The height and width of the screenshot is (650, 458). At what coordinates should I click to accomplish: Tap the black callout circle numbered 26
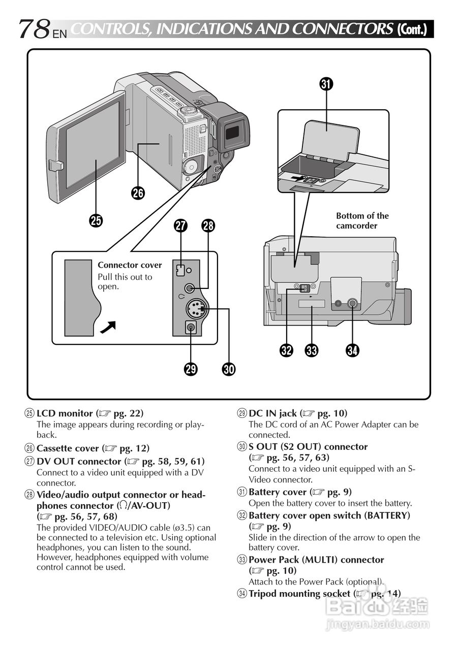pos(138,192)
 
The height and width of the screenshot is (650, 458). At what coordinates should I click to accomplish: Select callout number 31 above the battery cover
pos(326,84)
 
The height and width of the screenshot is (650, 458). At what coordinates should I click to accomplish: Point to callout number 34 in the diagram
pos(352,350)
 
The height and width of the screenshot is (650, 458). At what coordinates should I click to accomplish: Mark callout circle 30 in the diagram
pos(229,369)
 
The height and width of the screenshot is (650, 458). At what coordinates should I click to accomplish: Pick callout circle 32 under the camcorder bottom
pos(287,350)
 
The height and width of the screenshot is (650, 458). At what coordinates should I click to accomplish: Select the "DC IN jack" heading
pos(272,413)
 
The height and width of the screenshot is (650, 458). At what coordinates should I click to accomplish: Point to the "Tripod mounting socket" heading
pos(299,593)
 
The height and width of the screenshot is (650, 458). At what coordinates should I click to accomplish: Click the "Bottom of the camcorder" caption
pos(362,221)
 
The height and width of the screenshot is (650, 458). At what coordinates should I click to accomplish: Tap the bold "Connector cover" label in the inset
pos(130,265)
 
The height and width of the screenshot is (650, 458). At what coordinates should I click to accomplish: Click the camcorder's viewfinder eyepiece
pos(232,133)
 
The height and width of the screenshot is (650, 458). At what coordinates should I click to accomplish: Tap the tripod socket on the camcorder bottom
pos(352,304)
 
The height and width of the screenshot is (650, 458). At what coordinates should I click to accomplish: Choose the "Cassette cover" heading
pos(68,448)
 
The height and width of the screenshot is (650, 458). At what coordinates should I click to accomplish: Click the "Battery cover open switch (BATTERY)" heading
pos(329,515)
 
